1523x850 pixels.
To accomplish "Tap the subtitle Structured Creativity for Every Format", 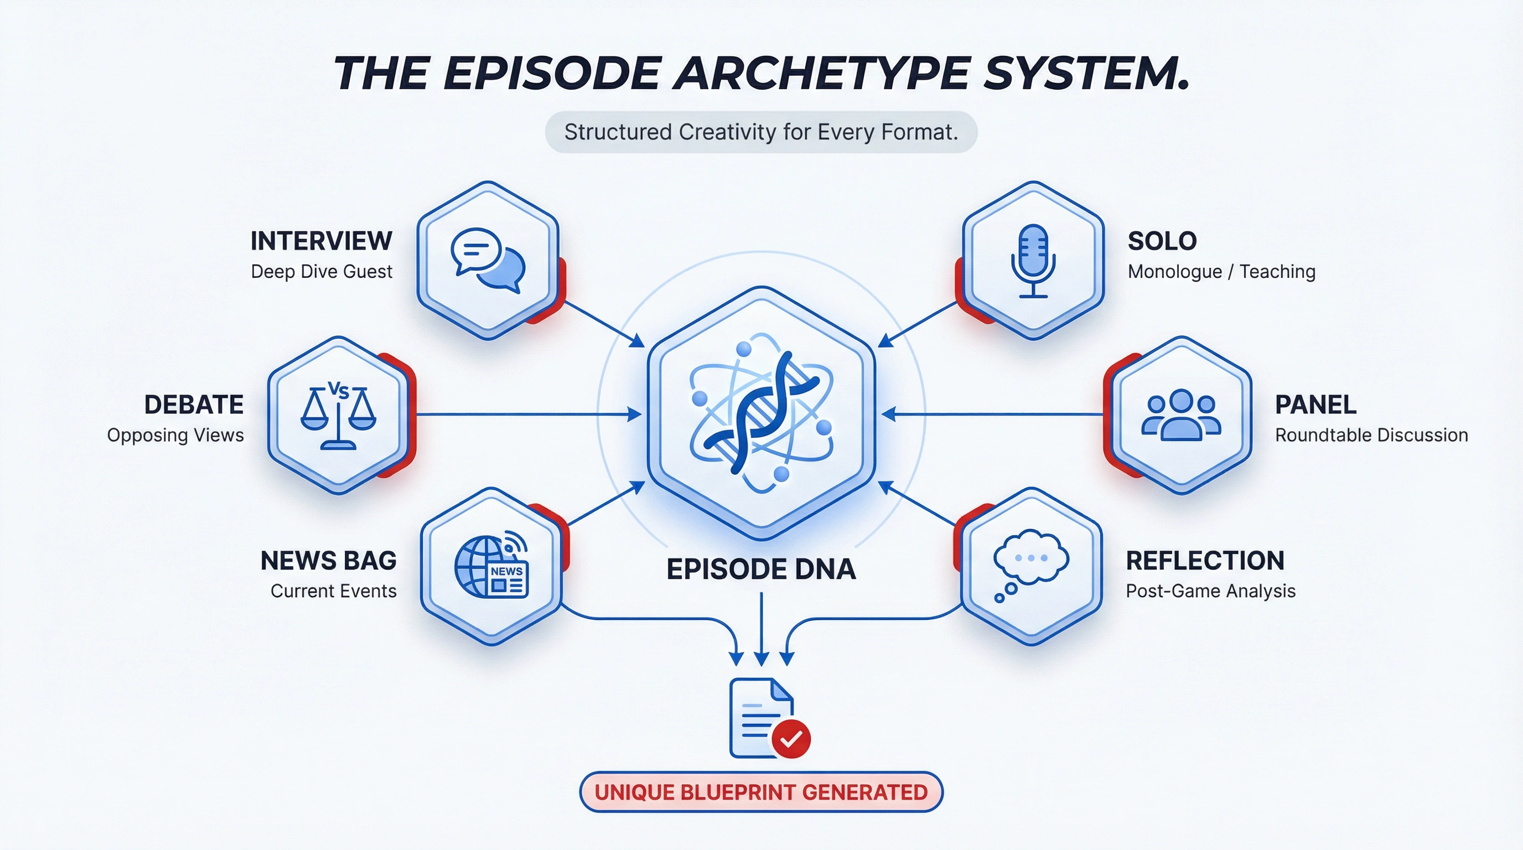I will pos(761,132).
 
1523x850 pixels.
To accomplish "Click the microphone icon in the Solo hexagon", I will pos(1033,260).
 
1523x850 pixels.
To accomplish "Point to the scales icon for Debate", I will pos(338,416).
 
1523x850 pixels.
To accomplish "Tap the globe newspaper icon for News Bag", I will pos(491,566).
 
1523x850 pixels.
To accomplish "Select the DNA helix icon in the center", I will pos(761,414).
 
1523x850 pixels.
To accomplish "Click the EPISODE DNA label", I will pos(761,569).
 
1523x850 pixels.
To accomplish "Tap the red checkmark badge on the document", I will pos(791,738).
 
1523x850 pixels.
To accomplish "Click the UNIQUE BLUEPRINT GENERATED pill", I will pos(761,792).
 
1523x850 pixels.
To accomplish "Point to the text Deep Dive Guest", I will pos(321,271).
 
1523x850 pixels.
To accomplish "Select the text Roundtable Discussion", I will pos(1371,435).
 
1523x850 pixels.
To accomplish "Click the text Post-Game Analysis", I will pos(1210,591).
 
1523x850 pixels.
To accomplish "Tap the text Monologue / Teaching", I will pos(1221,271).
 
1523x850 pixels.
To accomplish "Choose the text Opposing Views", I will pos(175,435).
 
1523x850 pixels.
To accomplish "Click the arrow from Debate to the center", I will pos(526,414).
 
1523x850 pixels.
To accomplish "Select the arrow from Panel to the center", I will pos(993,414).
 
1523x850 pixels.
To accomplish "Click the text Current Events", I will pos(334,591).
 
